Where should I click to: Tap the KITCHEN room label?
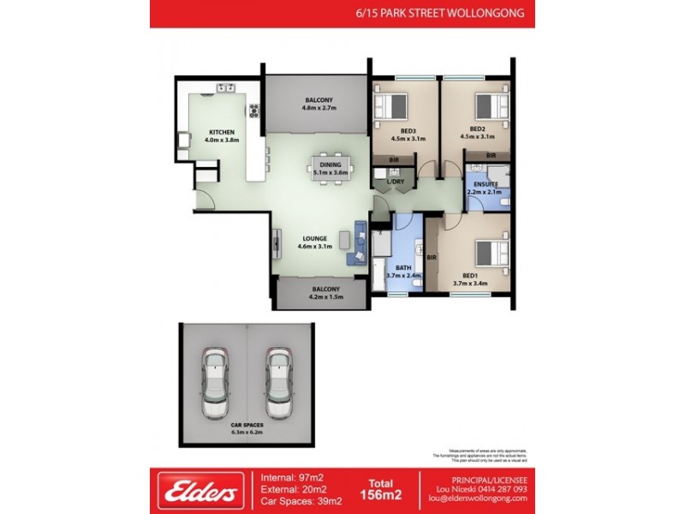(222, 132)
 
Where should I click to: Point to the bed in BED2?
(491, 106)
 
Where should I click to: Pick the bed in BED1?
(491, 254)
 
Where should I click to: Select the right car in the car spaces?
(279, 382)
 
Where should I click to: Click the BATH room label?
(403, 267)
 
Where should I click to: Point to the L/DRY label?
(396, 181)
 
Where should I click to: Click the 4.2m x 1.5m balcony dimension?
(320, 297)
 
